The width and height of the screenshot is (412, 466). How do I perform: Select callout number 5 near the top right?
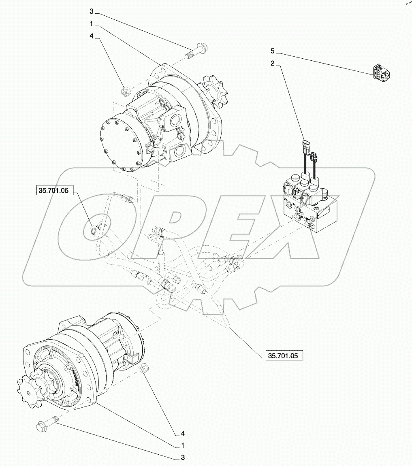(273, 51)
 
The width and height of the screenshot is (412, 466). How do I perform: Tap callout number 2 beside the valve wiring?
(273, 63)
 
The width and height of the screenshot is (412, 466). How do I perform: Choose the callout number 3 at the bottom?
(183, 457)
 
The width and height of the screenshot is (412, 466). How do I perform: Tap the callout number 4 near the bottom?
(183, 433)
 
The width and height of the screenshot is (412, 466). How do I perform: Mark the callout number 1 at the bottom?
(183, 445)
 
